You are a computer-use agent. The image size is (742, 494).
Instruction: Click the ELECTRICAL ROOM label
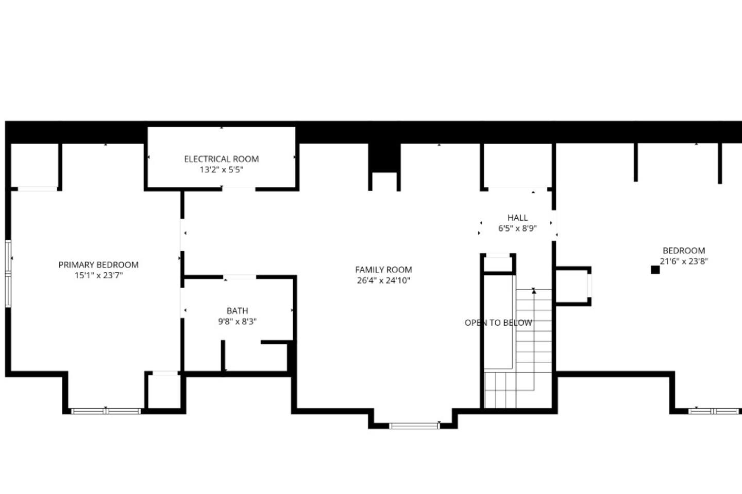click(221, 159)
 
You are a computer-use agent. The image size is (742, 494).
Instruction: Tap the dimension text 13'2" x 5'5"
click(221, 170)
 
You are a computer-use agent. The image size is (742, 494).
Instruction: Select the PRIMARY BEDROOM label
click(98, 264)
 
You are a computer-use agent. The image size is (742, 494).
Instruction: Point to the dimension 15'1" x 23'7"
click(99, 275)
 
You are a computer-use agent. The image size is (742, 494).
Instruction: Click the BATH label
click(237, 311)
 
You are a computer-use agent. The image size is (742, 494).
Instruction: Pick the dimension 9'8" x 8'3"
click(237, 321)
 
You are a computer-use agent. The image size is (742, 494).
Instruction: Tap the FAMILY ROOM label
click(383, 270)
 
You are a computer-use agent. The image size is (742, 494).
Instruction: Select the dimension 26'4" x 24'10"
click(383, 280)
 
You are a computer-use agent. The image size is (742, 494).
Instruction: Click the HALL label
click(517, 218)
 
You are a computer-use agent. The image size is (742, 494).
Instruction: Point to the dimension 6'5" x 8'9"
click(517, 228)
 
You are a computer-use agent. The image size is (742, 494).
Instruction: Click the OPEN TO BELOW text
click(498, 323)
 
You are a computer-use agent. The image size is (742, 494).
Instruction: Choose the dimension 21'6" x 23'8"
click(684, 261)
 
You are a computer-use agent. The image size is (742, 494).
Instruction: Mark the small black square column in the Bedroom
click(655, 270)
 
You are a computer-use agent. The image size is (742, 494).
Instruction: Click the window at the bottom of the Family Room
click(414, 426)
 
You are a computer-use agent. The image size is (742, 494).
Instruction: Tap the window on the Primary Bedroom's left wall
click(8, 274)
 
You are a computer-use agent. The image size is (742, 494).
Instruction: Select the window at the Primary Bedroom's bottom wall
click(106, 411)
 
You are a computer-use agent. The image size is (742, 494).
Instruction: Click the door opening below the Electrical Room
click(239, 189)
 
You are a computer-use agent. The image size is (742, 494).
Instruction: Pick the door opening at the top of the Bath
click(240, 277)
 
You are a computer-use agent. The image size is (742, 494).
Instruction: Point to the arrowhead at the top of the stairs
click(534, 291)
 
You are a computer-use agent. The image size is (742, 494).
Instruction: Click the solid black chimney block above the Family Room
click(384, 158)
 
